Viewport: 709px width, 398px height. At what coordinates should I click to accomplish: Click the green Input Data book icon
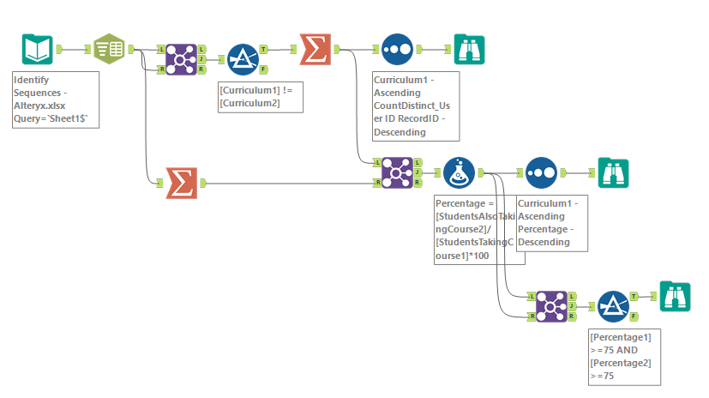point(37,50)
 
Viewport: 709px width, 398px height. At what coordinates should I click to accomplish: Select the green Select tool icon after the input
point(108,50)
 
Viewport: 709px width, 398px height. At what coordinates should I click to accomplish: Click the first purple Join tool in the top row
point(180,59)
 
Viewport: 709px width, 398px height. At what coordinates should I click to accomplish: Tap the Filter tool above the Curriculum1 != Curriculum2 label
point(243,59)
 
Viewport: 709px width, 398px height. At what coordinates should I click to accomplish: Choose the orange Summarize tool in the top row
point(315,50)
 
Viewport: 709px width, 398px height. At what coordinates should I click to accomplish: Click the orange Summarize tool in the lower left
point(180,182)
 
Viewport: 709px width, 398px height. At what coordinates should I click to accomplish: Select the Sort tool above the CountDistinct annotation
point(397,50)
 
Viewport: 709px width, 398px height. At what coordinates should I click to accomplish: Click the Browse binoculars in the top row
point(469,50)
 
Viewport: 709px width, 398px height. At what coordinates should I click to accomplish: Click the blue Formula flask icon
point(459,172)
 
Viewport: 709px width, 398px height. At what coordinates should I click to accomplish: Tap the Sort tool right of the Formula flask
point(541,172)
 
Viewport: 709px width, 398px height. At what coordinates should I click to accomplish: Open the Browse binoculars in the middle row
point(613,172)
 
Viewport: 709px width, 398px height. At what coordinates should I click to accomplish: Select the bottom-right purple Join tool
point(551,305)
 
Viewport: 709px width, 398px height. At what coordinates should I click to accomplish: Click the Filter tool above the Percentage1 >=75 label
point(613,305)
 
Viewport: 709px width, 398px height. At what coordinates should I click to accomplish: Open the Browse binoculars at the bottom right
point(675,296)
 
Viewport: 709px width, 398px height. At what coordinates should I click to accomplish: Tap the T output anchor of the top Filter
point(264,50)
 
